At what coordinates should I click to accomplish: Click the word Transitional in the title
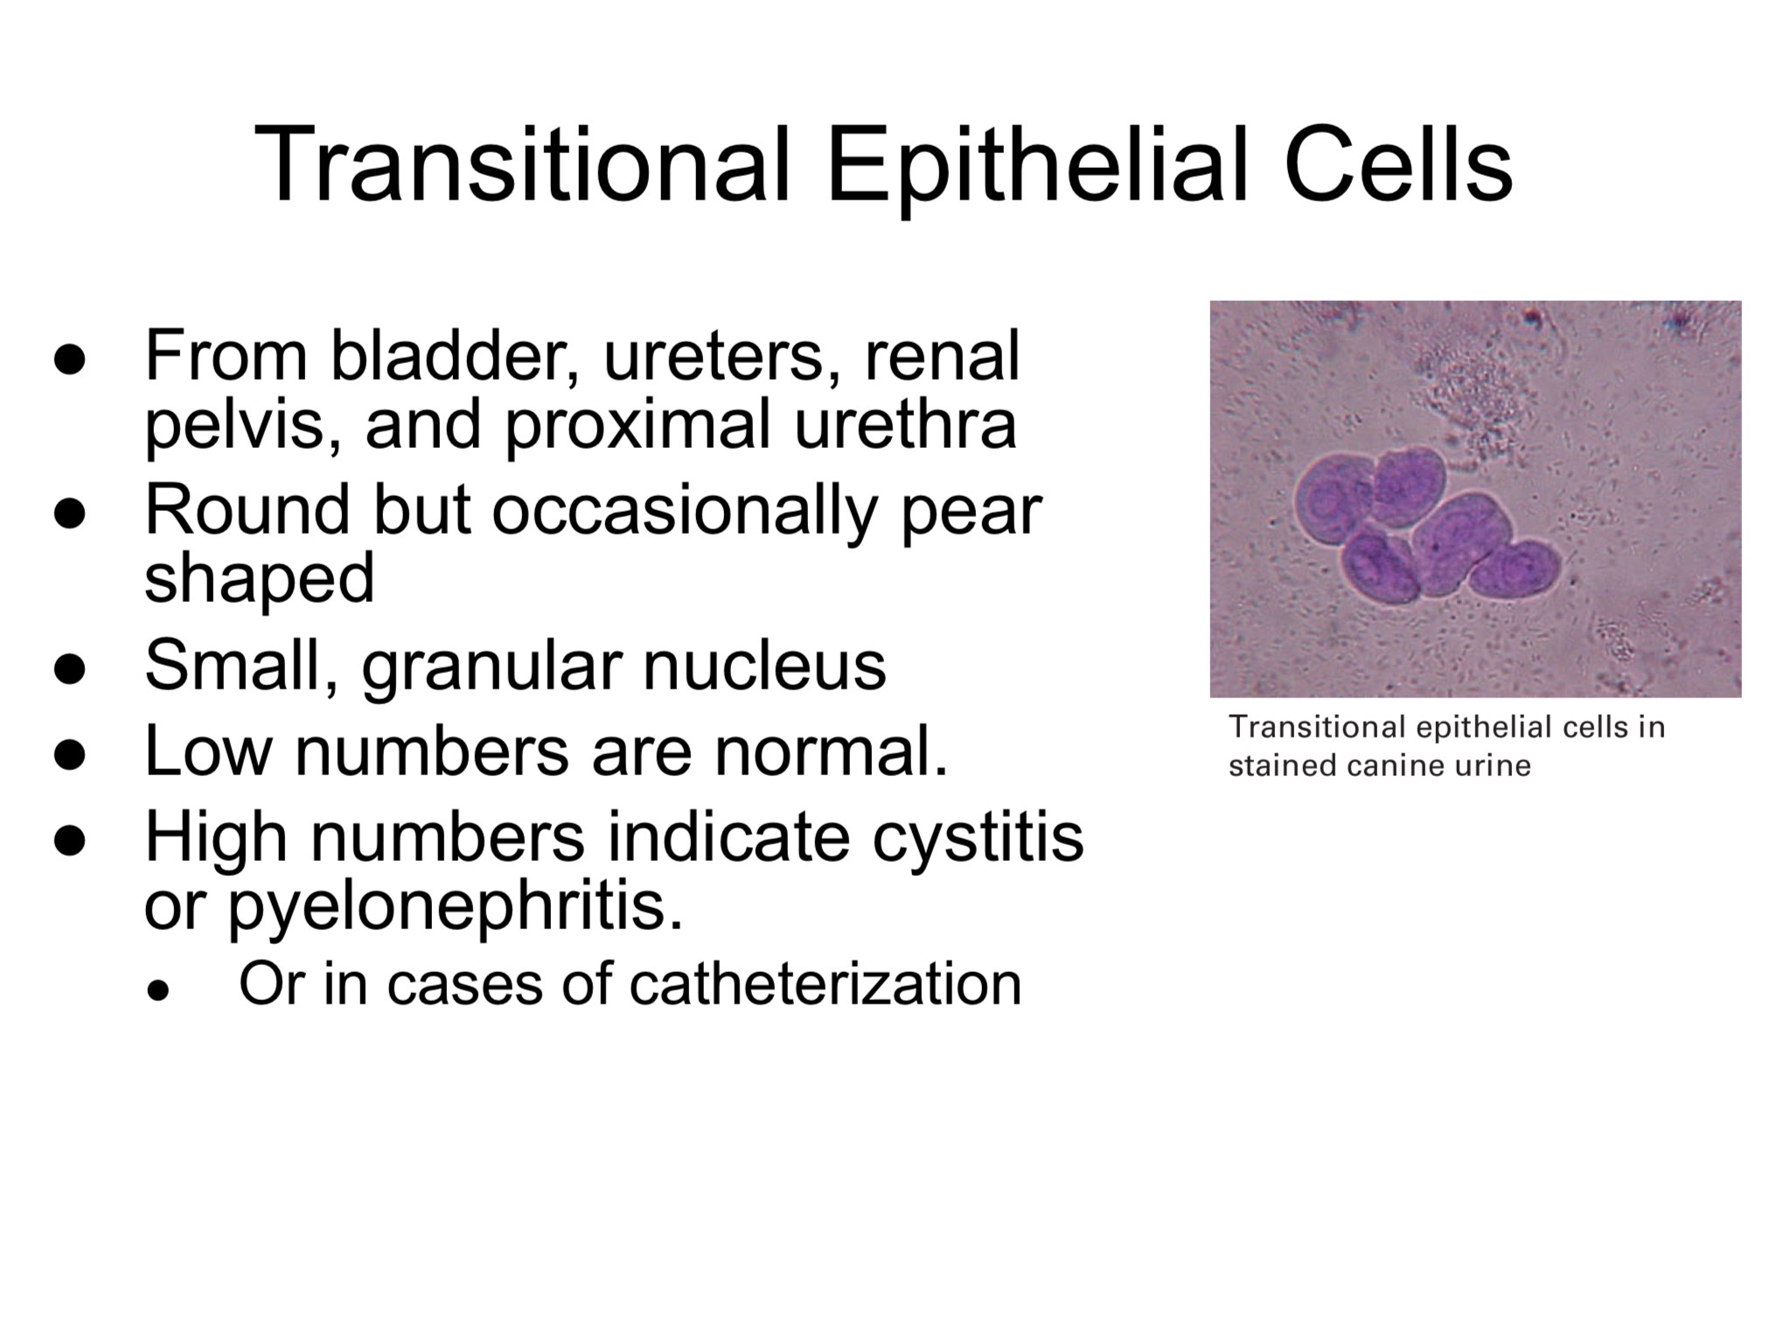pyautogui.click(x=522, y=164)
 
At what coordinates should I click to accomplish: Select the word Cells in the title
pyautogui.click(x=1397, y=164)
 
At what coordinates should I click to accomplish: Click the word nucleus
pyautogui.click(x=764, y=666)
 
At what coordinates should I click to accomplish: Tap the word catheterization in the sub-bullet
pyautogui.click(x=825, y=984)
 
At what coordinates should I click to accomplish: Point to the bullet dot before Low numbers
pyautogui.click(x=69, y=754)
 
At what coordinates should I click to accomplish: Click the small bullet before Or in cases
pyautogui.click(x=157, y=990)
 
